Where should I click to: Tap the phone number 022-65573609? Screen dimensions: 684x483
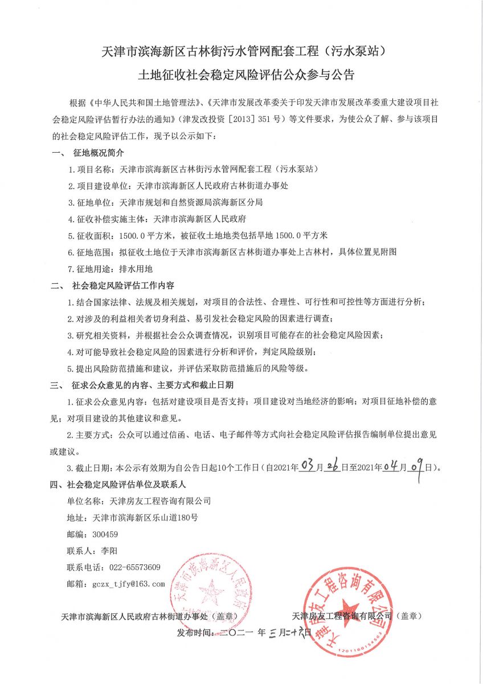click(130, 567)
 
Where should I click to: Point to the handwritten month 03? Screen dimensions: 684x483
click(308, 467)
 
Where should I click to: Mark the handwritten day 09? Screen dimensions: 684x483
click(416, 467)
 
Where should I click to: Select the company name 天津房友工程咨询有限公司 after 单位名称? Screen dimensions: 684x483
click(155, 501)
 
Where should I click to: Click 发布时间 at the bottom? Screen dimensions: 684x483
click(194, 633)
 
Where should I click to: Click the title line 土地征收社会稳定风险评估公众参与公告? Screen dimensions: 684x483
click(241, 75)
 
